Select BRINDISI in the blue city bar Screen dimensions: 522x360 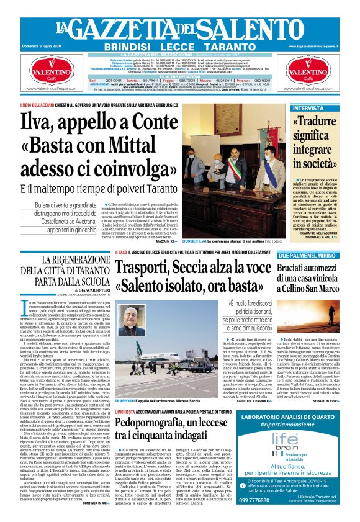[x=126, y=47]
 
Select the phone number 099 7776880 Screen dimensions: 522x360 [x=280, y=499]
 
